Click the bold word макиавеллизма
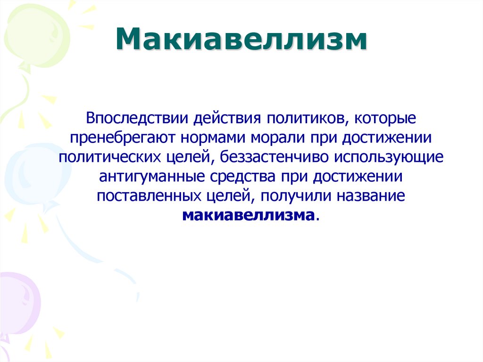248,216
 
